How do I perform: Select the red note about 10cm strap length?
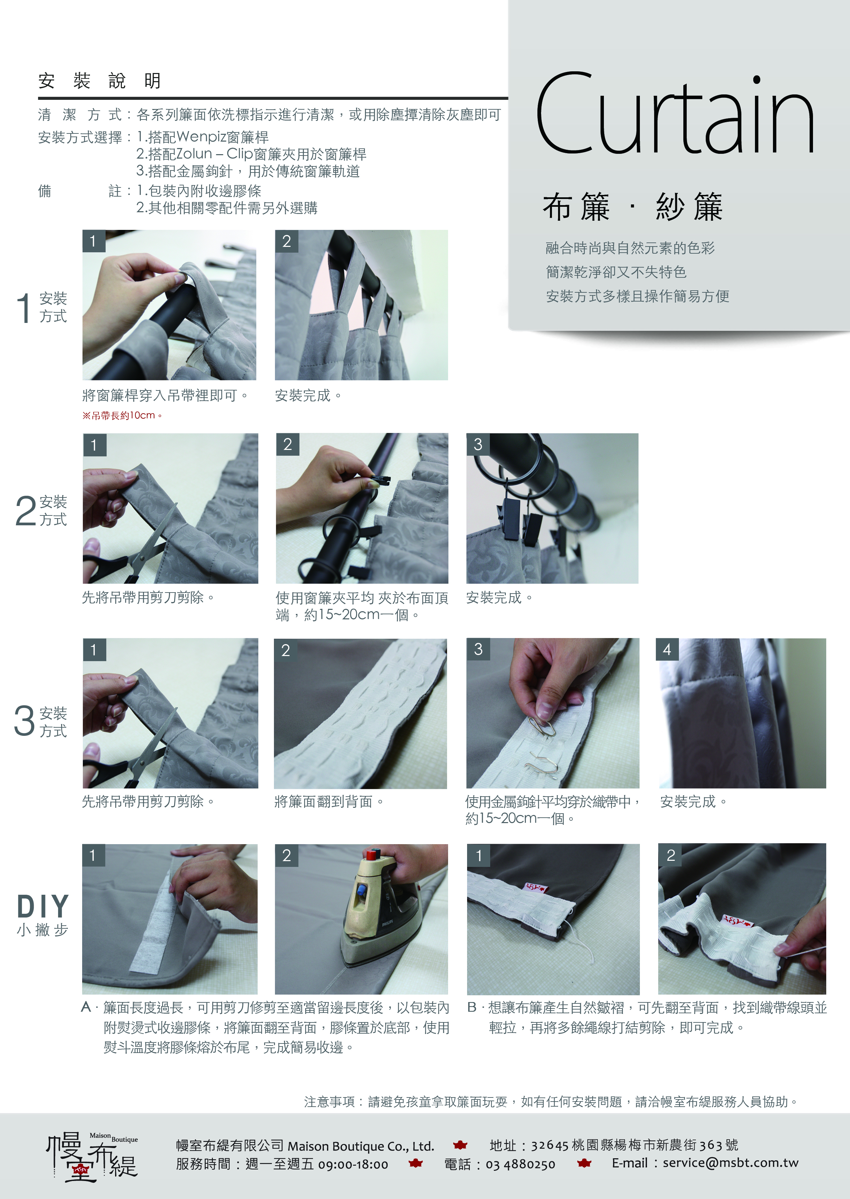(123, 416)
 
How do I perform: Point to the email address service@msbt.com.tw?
(731, 1163)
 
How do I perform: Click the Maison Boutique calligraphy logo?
(93, 1157)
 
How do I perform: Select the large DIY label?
(43, 906)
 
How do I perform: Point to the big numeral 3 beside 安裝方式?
(24, 721)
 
